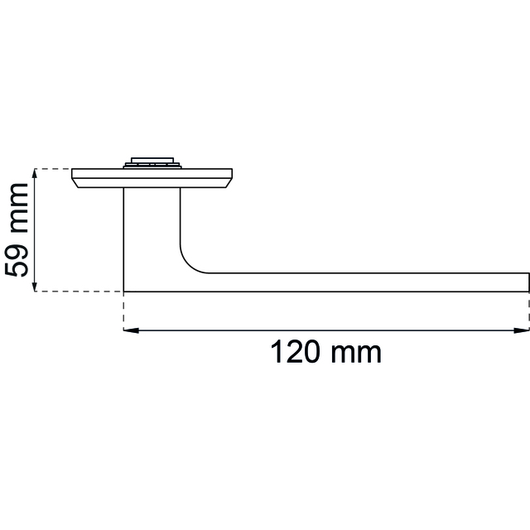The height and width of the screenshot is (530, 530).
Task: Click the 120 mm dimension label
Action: click(325, 352)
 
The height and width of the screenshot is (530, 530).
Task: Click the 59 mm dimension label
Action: click(16, 230)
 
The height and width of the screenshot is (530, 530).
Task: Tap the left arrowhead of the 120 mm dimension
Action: click(131, 330)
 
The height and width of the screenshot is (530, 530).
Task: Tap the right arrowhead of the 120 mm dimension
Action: click(521, 330)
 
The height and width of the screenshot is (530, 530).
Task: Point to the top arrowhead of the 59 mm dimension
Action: click(34, 176)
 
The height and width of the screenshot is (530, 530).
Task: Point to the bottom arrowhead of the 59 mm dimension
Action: click(34, 284)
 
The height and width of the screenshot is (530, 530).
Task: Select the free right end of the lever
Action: click(528, 282)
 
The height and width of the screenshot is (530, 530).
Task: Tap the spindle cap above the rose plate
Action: click(152, 162)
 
